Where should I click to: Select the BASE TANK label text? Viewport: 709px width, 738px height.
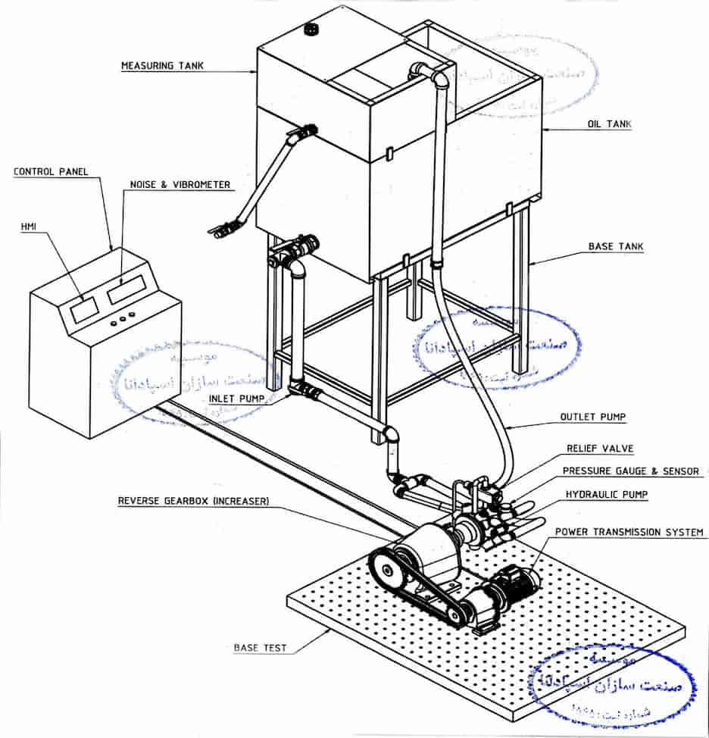click(616, 247)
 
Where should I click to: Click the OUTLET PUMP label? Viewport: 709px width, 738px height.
click(593, 417)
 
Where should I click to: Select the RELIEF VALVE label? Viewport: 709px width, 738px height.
click(600, 449)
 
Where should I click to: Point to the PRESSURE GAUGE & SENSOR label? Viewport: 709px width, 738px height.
click(630, 471)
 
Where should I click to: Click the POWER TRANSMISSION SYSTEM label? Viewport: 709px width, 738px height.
click(629, 532)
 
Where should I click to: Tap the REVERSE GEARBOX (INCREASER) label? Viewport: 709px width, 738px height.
click(193, 502)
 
